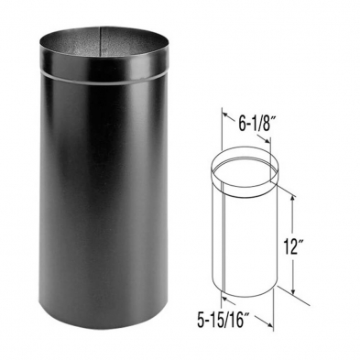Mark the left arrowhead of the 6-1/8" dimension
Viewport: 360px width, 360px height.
[x=223, y=117]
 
